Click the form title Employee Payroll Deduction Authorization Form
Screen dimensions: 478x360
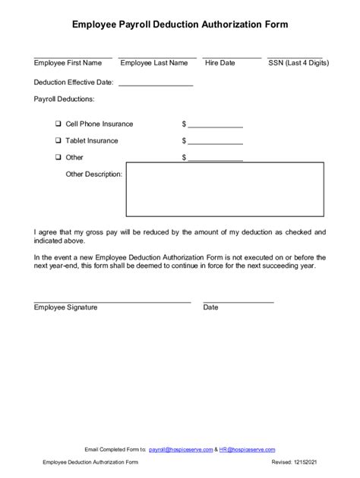[180, 25]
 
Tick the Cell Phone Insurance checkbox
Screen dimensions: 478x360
[58, 124]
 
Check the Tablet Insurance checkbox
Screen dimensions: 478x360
[58, 140]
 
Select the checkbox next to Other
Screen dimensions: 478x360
[58, 157]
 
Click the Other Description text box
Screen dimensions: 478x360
[225, 192]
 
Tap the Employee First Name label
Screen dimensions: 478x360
[68, 63]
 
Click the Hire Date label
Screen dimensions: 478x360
[220, 63]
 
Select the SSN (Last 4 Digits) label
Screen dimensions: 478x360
[297, 63]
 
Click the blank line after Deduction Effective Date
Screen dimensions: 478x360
[156, 84]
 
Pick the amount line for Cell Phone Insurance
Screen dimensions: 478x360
[215, 127]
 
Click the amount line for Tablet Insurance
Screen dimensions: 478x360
[215, 143]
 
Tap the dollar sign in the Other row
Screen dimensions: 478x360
[184, 157]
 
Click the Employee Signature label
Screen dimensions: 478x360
[66, 307]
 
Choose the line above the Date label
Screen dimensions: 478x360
[238, 302]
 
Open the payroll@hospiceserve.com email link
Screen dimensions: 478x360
[180, 450]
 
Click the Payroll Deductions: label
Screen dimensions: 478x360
[64, 99]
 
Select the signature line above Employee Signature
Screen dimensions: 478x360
[112, 302]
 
